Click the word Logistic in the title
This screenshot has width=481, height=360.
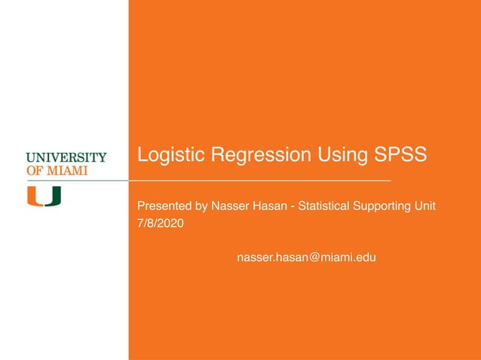(170, 155)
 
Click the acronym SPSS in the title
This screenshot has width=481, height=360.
(400, 155)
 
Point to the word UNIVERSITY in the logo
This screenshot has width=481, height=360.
(66, 157)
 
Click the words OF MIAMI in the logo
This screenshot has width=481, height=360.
(57, 170)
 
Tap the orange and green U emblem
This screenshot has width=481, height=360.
(44, 196)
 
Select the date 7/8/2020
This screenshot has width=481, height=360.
(160, 224)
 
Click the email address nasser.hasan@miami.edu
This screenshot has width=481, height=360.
(306, 258)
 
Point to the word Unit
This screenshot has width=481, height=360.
(425, 206)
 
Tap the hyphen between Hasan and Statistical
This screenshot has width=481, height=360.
(293, 206)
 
